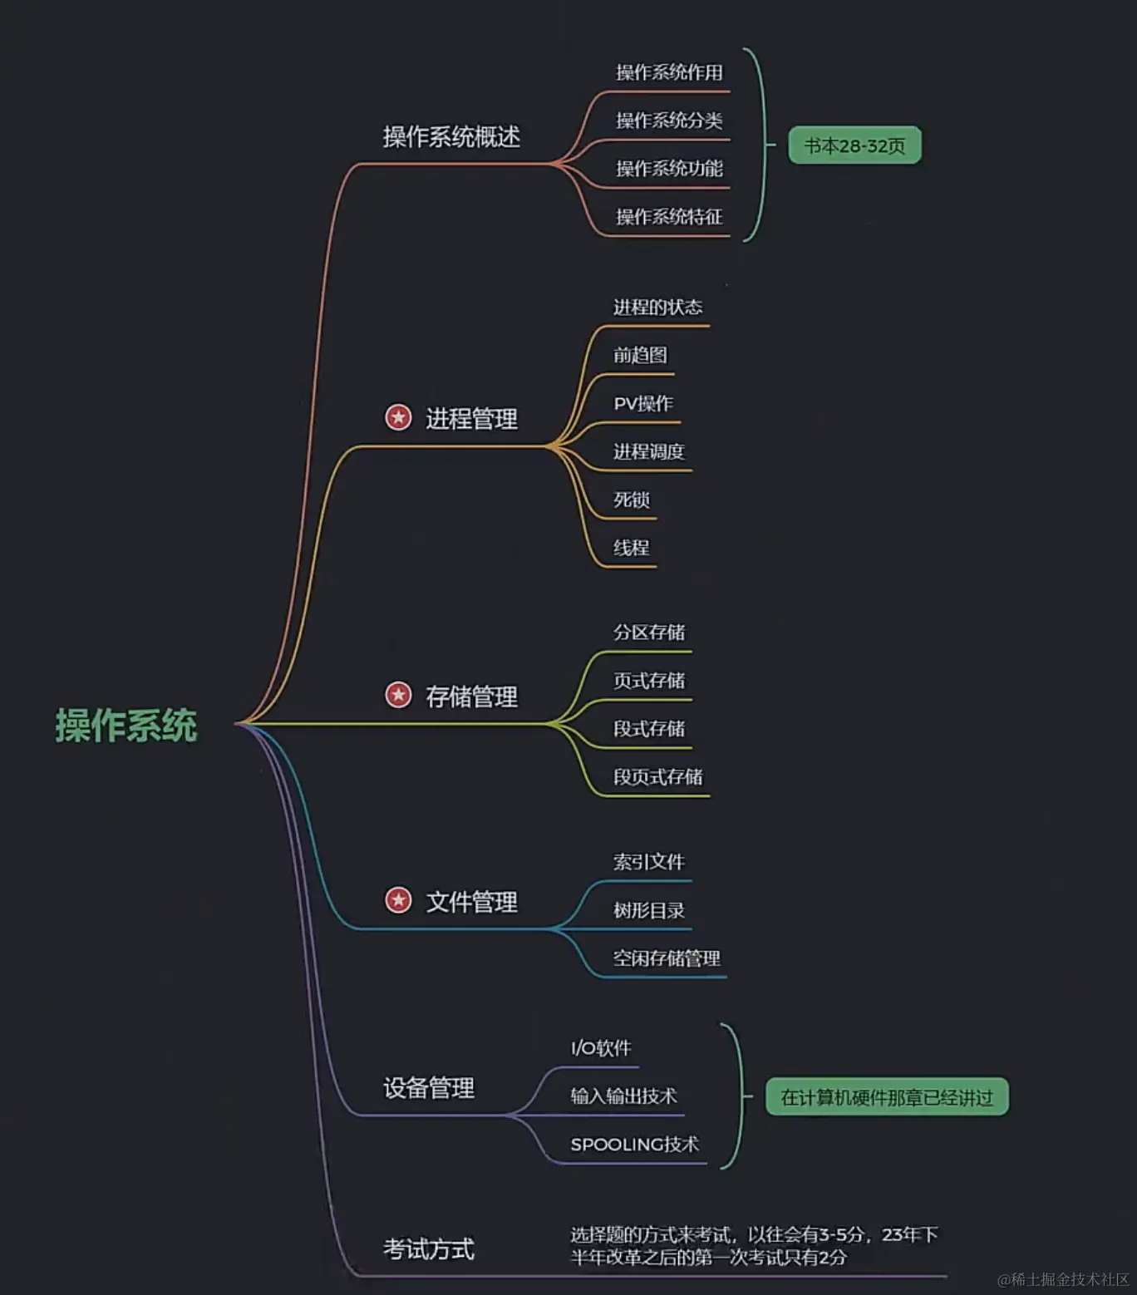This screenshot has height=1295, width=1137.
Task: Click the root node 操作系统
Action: click(x=126, y=726)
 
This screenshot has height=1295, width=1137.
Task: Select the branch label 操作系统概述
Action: click(x=451, y=137)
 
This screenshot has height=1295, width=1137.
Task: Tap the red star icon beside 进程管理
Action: click(x=398, y=417)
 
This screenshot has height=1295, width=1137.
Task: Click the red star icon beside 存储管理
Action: click(x=398, y=695)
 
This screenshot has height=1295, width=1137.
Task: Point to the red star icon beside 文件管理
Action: click(x=398, y=900)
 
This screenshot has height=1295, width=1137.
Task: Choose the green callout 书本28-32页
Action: click(x=854, y=146)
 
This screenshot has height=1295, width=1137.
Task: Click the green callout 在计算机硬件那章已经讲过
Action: click(x=886, y=1098)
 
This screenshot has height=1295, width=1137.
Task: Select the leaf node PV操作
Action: click(x=643, y=404)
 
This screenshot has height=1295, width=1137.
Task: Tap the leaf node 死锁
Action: click(x=632, y=500)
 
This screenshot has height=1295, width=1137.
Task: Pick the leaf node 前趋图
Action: click(x=640, y=356)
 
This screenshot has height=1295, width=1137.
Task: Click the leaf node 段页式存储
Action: click(x=657, y=777)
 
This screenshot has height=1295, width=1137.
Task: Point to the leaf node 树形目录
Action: click(x=648, y=911)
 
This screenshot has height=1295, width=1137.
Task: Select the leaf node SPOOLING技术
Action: click(x=634, y=1145)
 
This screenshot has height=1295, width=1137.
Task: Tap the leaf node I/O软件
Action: click(x=601, y=1048)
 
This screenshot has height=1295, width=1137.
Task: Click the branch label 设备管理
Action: click(x=429, y=1088)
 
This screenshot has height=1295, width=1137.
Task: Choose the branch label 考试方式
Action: click(x=429, y=1248)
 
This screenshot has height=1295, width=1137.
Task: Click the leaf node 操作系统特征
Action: click(x=669, y=217)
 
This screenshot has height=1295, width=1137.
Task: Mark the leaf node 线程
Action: click(x=632, y=549)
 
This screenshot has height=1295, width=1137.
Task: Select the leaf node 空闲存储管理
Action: click(x=667, y=959)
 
